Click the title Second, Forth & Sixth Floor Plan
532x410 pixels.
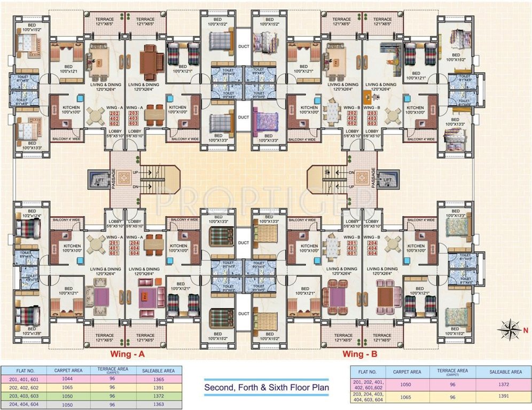click(267, 388)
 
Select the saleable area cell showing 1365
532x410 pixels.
click(155, 379)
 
